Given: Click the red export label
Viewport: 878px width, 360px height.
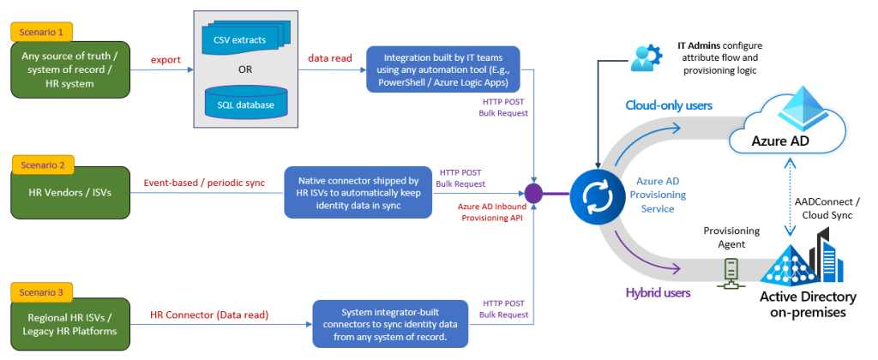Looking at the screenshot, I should (x=165, y=61).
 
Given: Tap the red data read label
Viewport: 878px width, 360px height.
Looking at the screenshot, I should (x=329, y=59).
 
